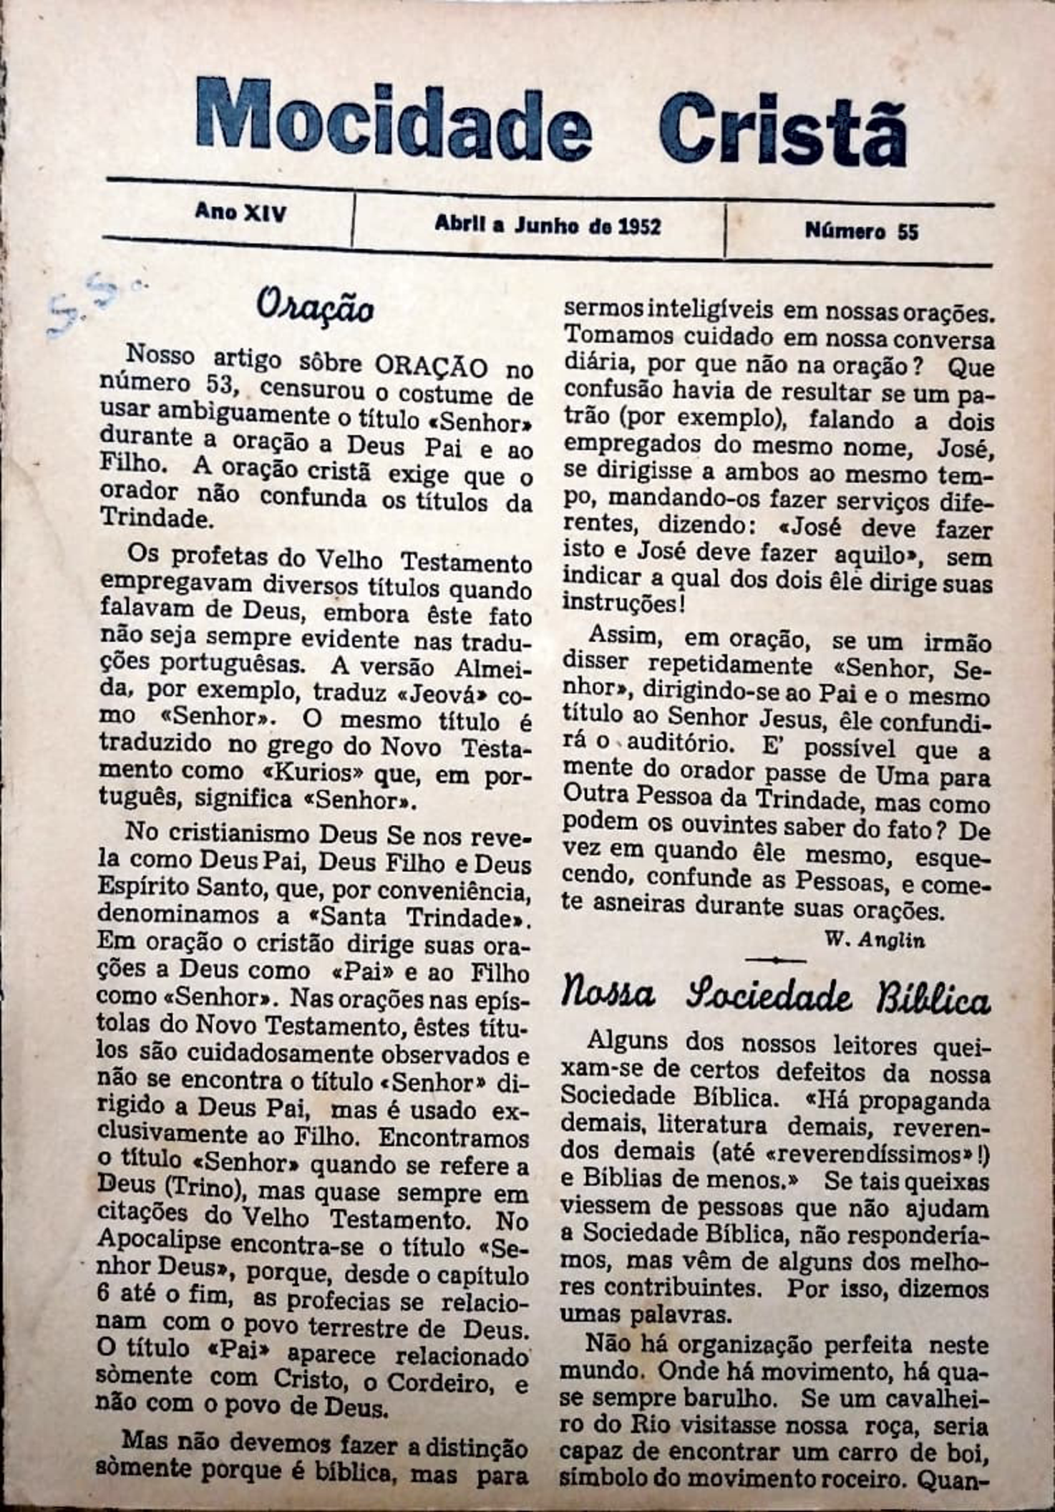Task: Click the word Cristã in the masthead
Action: [783, 129]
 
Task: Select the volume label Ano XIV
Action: [240, 213]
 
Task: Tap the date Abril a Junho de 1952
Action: [548, 226]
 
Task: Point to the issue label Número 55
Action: [861, 231]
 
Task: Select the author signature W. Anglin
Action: [875, 940]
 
